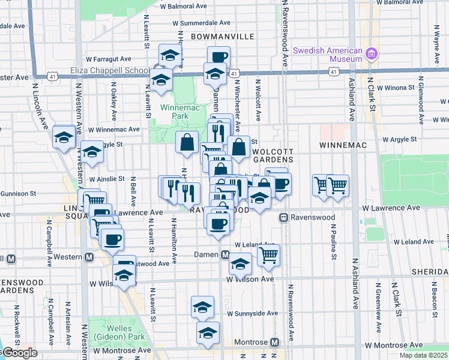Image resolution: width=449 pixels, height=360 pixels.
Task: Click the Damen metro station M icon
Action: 225,255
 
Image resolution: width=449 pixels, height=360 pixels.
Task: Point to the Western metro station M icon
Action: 89,257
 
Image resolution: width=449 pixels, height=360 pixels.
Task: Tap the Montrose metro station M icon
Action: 274,342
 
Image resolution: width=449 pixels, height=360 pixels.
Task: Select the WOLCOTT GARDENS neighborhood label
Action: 273,155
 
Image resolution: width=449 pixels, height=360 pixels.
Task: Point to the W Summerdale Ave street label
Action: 201,23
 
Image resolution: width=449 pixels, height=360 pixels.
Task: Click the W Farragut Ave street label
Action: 109,59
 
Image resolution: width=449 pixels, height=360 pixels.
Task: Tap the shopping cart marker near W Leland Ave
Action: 269,255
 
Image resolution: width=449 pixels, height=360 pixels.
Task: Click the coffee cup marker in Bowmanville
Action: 219,57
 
